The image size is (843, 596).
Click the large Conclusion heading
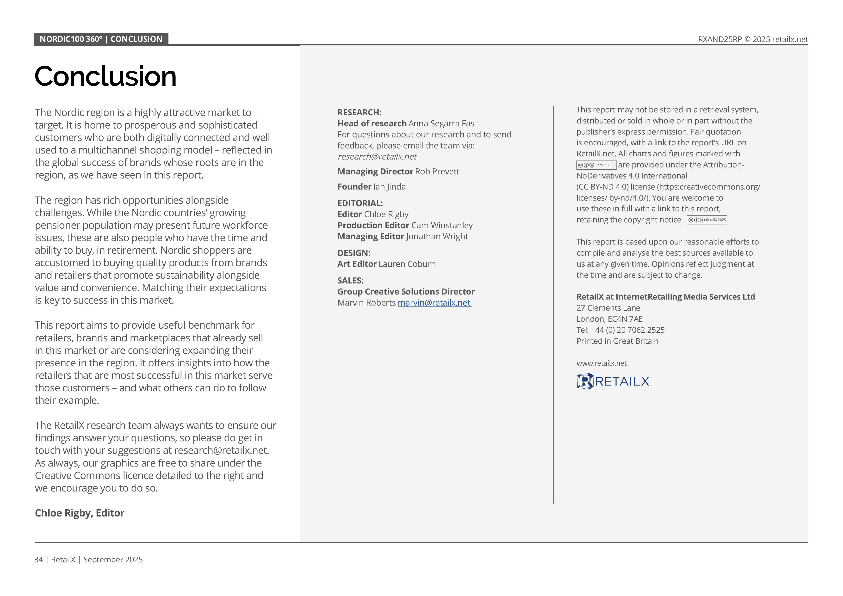point(105,76)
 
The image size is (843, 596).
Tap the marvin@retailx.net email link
point(434,303)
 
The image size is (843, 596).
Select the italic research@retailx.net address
point(377,157)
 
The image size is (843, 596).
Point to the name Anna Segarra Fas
point(441,124)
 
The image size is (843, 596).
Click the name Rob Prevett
point(437,172)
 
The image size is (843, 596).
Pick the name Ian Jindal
point(390,187)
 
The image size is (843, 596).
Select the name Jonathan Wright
point(437,236)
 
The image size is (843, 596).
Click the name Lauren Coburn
point(407,264)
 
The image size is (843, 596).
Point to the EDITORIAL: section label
point(360,203)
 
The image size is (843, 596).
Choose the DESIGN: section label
point(353,253)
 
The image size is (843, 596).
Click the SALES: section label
point(350,281)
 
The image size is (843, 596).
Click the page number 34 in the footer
point(38,560)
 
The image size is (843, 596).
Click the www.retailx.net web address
point(601,363)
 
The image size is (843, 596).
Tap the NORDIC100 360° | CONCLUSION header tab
point(101,39)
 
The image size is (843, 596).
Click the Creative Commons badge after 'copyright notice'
point(707,220)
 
